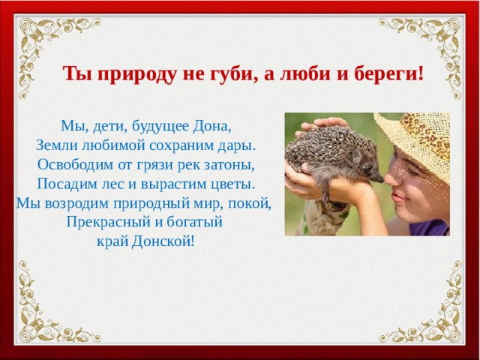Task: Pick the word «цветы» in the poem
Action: pyautogui.click(x=233, y=184)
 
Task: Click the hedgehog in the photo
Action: pyautogui.click(x=330, y=157)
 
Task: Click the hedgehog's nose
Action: pyautogui.click(x=381, y=178)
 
